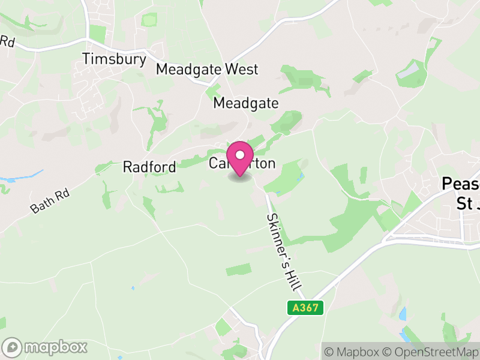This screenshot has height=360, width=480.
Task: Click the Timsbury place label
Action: click(115, 59)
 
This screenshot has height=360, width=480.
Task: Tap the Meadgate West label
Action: click(207, 69)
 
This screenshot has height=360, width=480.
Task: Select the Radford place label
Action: click(149, 167)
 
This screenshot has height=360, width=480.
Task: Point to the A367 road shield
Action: click(305, 308)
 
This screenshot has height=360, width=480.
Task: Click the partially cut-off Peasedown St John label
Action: click(460, 193)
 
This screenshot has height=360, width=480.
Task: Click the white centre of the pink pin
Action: click(240, 155)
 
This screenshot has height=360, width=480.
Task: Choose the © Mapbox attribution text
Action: click(353, 351)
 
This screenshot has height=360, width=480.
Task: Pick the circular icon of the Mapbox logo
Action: click(13, 347)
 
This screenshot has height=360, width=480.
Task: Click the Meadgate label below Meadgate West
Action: click(246, 103)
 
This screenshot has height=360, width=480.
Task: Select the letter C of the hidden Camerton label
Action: click(214, 163)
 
